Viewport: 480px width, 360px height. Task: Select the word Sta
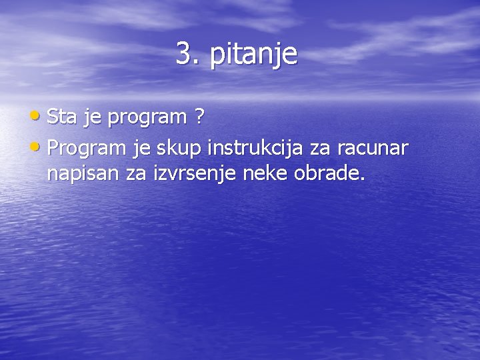point(62,118)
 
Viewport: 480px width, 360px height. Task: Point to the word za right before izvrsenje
point(127,175)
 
